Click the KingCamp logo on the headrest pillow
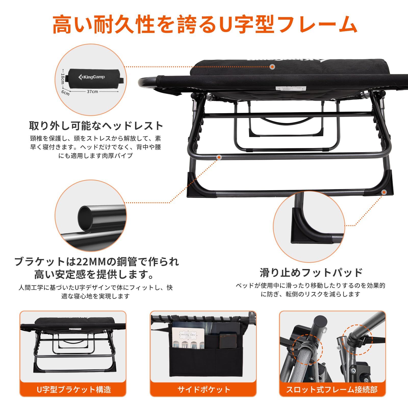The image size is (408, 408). point(92,77)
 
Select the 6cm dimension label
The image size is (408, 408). point(66,93)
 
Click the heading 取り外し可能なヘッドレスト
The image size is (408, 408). point(96,126)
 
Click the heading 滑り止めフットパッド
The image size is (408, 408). point(311,273)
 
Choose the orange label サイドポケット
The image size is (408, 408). point(204,389)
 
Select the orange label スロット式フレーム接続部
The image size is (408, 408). point(332,389)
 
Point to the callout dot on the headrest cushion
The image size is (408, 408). point(273,67)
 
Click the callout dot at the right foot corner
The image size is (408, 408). point(384,193)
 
